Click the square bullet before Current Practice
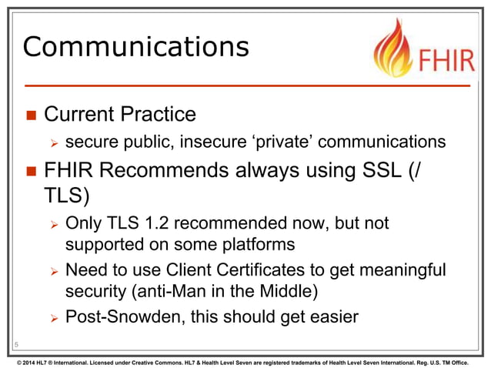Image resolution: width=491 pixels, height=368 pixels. [30, 115]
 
